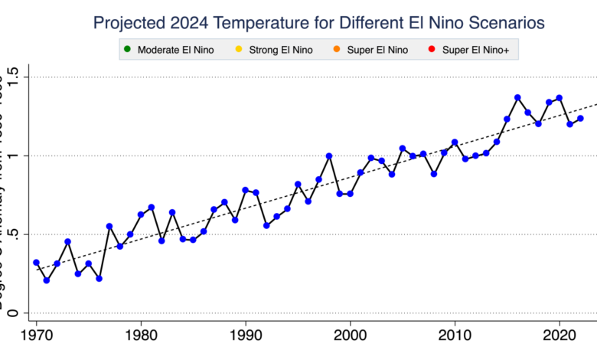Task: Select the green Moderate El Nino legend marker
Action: coord(126,51)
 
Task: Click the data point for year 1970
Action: coord(36,263)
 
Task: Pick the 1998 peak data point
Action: coord(329,156)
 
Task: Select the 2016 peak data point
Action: coord(517,97)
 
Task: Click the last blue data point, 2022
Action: coord(580,118)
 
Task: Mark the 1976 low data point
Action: coord(99,279)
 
